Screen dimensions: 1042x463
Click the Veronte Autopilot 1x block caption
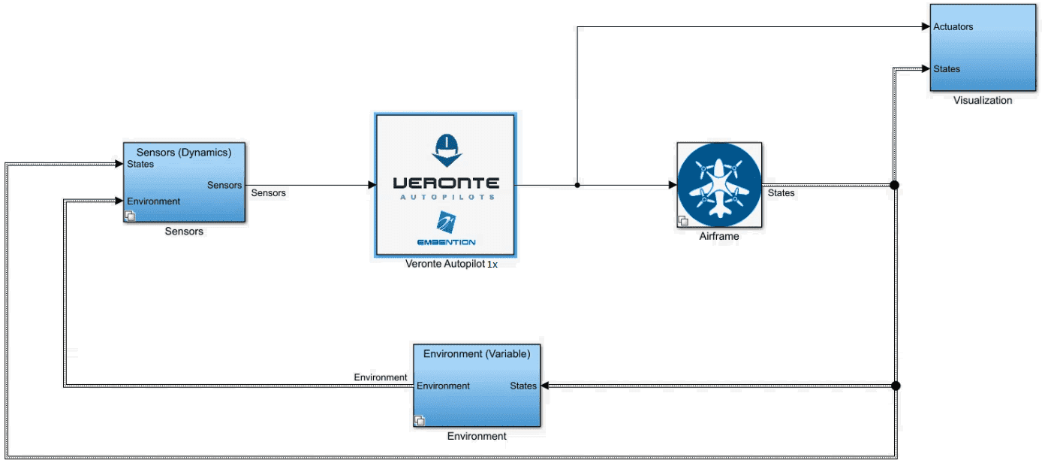coord(451,264)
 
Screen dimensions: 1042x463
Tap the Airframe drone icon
coord(719,185)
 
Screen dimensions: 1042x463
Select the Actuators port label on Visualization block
coord(953,27)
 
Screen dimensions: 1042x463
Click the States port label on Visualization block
coord(947,69)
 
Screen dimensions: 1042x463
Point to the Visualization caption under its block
coord(983,100)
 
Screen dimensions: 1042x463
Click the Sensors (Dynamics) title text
coord(184,153)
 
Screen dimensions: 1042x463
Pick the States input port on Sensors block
coord(140,164)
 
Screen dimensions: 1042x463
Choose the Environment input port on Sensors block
coord(153,201)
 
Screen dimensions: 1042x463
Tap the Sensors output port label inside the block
coord(224,186)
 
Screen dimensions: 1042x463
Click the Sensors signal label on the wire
coord(269,193)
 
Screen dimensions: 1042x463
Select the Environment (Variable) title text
coord(477,354)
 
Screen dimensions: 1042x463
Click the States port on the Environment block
coord(523,386)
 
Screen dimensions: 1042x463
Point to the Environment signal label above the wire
coord(381,377)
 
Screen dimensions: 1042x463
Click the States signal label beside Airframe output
coord(781,193)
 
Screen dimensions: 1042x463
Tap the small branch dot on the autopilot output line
coord(577,185)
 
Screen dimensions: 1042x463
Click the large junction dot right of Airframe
coord(894,185)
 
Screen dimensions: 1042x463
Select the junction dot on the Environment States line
coord(896,386)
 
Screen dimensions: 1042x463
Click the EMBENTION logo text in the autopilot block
coord(446,242)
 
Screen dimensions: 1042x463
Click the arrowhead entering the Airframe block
coord(673,185)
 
